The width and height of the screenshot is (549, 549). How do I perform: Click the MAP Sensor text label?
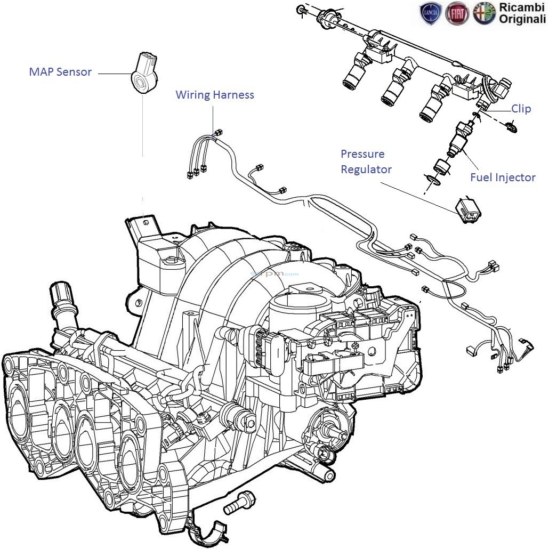[60, 72]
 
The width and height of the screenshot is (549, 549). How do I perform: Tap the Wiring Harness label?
[215, 95]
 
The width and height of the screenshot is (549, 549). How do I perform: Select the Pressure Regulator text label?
[366, 162]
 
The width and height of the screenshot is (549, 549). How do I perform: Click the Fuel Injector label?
[503, 177]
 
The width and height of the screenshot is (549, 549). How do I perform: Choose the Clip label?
[521, 109]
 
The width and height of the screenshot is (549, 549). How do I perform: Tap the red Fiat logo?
[457, 13]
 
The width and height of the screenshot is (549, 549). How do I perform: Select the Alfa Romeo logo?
[483, 13]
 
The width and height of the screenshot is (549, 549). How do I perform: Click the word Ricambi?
[521, 7]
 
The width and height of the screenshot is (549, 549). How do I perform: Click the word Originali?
[522, 20]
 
